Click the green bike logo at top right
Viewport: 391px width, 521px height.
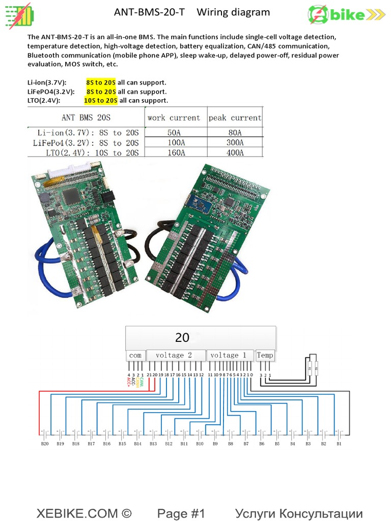[346, 15]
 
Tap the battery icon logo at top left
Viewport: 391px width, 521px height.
[18, 16]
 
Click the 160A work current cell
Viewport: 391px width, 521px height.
[176, 153]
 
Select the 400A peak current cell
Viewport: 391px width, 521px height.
[235, 153]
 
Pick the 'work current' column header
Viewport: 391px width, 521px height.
[174, 118]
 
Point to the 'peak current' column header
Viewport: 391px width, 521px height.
[235, 118]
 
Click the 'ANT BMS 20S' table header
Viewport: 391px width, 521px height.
[86, 118]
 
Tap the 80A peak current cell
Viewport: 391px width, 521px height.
[235, 132]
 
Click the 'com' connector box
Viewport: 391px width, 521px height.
[135, 355]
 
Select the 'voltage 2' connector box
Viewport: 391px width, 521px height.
[174, 355]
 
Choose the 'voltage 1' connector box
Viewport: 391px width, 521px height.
[228, 355]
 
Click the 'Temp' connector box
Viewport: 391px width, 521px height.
[265, 355]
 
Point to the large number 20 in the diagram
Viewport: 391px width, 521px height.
[182, 337]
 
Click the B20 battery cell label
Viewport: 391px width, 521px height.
[45, 444]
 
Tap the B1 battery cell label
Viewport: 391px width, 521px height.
[339, 444]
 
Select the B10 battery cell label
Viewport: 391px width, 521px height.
[200, 444]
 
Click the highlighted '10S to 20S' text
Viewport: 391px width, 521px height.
[101, 101]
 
